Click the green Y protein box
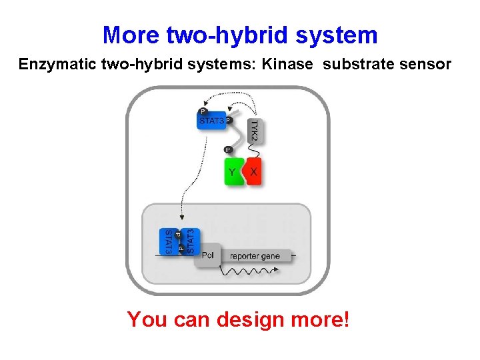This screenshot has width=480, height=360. coord(233,171)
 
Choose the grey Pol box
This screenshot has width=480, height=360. coord(207,255)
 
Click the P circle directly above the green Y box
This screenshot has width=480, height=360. coord(228,149)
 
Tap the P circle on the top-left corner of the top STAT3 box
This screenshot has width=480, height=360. coord(202,111)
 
